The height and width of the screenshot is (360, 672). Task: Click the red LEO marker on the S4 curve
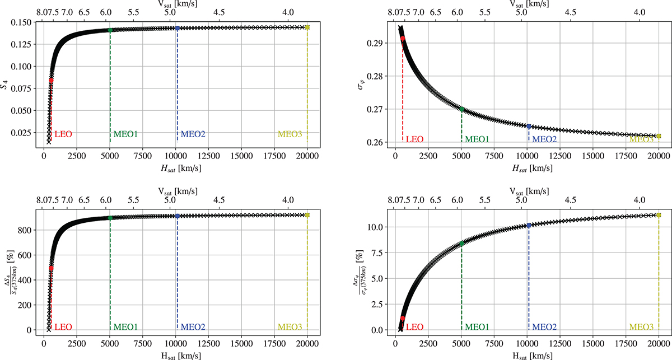[51, 81]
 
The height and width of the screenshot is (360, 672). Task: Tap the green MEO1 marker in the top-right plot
[461, 110]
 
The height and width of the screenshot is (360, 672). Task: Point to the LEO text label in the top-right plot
[415, 139]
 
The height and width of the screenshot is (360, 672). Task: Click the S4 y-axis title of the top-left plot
[7, 84]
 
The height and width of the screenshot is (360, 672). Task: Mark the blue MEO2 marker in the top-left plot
[178, 28]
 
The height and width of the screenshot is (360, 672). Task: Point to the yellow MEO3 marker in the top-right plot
[659, 136]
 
